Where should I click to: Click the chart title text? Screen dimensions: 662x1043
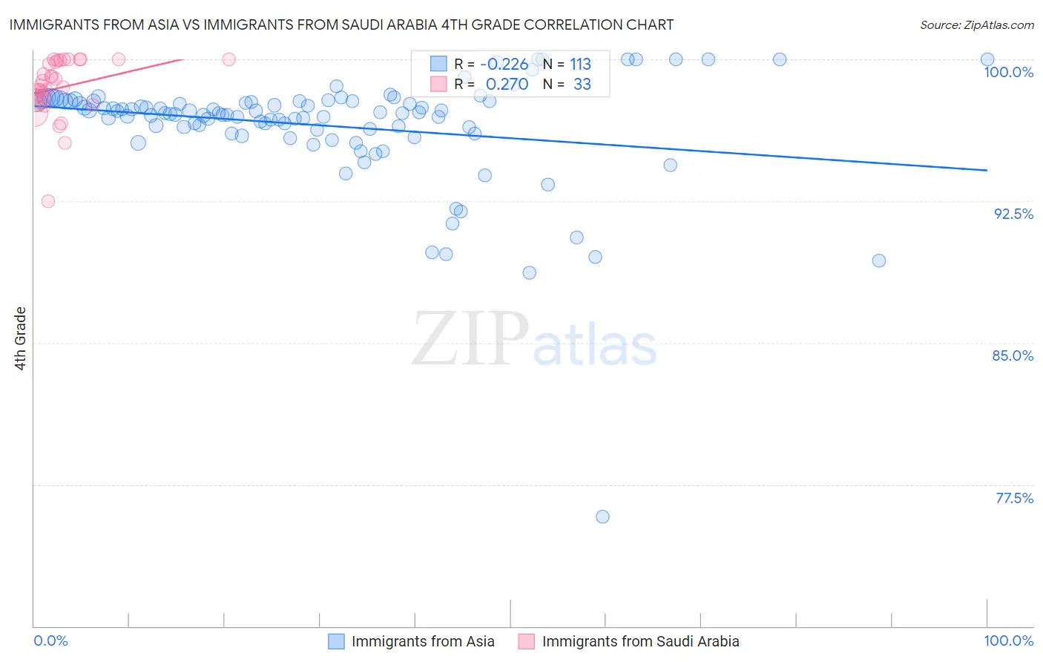click(x=341, y=24)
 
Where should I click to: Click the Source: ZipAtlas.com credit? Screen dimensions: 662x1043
click(x=976, y=25)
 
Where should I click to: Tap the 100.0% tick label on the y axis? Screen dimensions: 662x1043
click(x=1008, y=72)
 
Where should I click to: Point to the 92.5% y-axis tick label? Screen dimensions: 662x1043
click(x=1013, y=214)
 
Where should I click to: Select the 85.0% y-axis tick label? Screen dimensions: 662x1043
click(x=1013, y=355)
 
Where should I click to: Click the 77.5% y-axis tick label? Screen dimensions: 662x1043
click(x=1014, y=498)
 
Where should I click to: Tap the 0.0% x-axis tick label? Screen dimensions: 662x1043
click(x=50, y=640)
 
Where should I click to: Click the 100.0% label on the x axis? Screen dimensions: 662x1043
click(x=1008, y=640)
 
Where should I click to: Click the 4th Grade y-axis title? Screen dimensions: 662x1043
click(x=21, y=338)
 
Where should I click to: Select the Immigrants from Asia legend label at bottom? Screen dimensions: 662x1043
click(x=422, y=641)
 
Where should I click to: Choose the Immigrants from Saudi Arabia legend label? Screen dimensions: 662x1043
click(x=640, y=641)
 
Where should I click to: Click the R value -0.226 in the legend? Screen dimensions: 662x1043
click(x=504, y=65)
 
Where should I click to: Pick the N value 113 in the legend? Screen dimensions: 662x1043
click(x=580, y=65)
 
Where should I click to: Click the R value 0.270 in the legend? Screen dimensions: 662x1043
click(x=507, y=85)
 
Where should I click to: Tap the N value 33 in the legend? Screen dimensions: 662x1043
click(x=582, y=85)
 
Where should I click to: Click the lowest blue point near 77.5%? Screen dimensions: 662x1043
click(x=602, y=517)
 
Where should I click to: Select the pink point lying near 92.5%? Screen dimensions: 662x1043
click(x=48, y=201)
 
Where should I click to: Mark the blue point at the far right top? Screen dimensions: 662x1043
click(x=987, y=59)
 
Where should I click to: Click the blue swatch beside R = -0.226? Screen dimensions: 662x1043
click(x=438, y=64)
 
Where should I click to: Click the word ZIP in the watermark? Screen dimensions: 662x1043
click(x=470, y=339)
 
